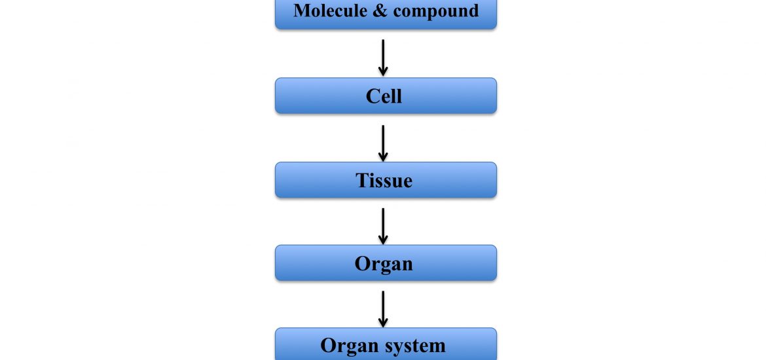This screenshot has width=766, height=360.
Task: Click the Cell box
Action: click(386, 96)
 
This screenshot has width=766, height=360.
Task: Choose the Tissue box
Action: click(386, 180)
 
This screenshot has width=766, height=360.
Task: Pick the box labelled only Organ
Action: click(386, 262)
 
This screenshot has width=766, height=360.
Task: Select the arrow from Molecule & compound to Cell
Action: click(383, 58)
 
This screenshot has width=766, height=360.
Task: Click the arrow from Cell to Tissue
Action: click(383, 143)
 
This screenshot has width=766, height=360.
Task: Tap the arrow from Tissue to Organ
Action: click(383, 226)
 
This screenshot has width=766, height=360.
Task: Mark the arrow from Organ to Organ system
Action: click(383, 309)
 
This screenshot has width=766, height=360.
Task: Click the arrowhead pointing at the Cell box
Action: click(383, 71)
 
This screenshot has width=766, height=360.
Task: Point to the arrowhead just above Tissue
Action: click(383, 156)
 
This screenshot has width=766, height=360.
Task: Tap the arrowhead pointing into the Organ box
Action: click(383, 240)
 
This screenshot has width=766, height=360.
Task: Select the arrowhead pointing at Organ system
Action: click(383, 323)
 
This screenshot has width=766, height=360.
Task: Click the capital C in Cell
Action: click(372, 96)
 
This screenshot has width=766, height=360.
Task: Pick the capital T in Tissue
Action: click(362, 180)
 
